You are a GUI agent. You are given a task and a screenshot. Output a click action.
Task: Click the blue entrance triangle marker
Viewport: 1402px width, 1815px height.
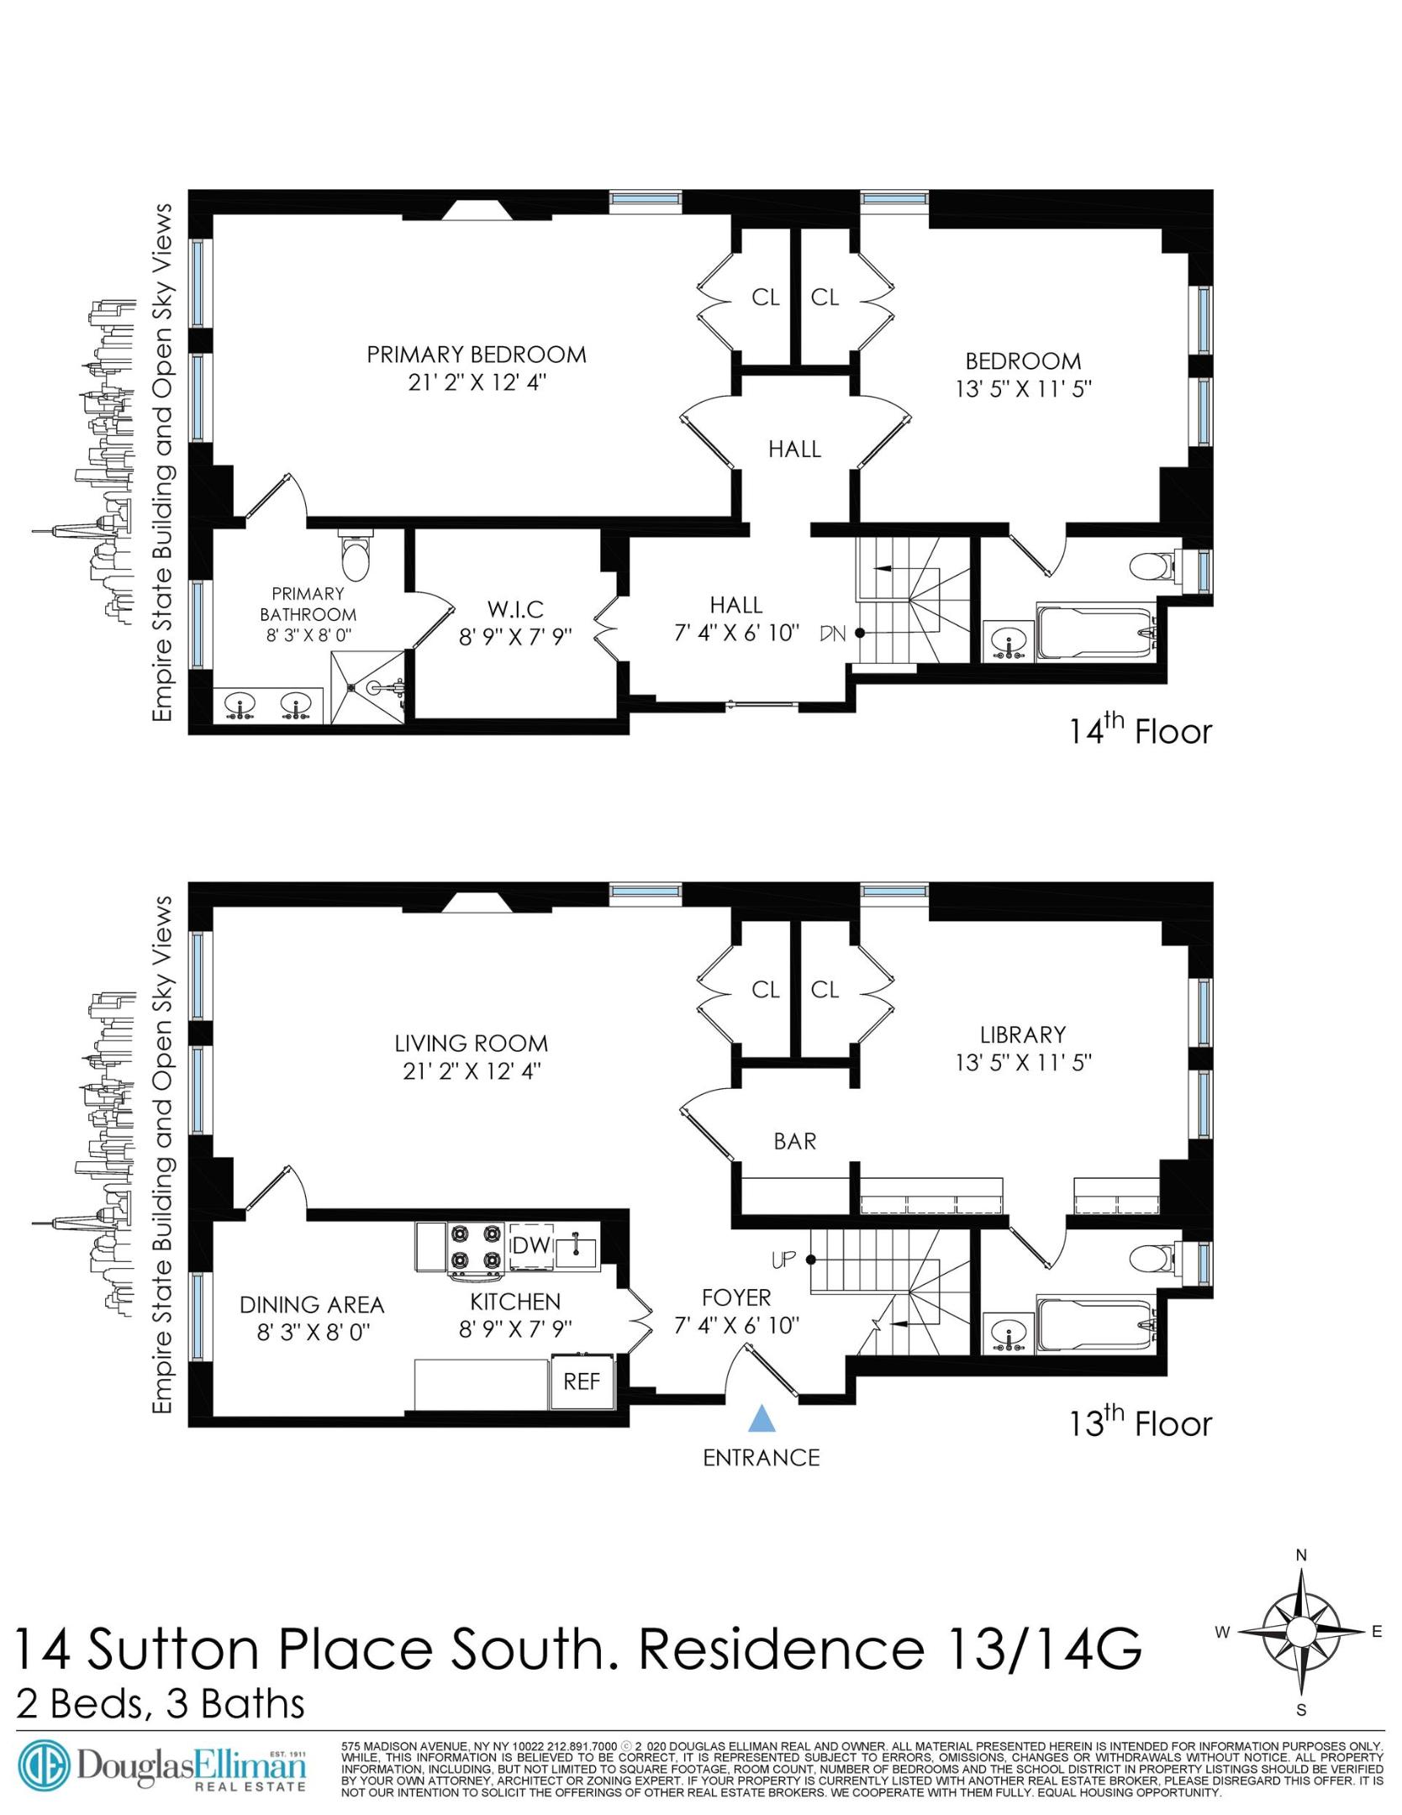pyautogui.click(x=761, y=1418)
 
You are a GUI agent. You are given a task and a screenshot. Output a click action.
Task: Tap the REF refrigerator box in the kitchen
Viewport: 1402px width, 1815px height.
pyautogui.click(x=581, y=1381)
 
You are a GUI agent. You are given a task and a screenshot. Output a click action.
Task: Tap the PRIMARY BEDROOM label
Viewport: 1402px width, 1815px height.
pyautogui.click(x=476, y=355)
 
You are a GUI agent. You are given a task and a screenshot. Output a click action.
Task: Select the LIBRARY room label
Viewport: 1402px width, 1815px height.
pyautogui.click(x=1022, y=1034)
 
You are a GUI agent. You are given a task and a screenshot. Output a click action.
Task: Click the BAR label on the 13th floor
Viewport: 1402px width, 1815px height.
pyautogui.click(x=794, y=1141)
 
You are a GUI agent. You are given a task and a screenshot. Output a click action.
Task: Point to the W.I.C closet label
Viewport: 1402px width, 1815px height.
pyautogui.click(x=515, y=608)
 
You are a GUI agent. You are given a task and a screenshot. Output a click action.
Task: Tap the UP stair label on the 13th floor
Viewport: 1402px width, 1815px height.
pyautogui.click(x=783, y=1260)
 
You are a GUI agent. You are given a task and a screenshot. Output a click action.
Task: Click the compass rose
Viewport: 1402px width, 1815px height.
pyautogui.click(x=1300, y=1632)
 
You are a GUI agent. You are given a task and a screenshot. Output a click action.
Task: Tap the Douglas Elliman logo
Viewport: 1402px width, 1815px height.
pyautogui.click(x=164, y=1768)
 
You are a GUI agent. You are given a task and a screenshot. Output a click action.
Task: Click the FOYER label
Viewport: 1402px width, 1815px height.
pyautogui.click(x=736, y=1297)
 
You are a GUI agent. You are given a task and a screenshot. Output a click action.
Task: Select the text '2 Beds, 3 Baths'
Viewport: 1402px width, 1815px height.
pyautogui.click(x=160, y=1704)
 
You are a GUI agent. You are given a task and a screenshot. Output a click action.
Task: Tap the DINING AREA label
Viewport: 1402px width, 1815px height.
pyautogui.click(x=312, y=1305)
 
